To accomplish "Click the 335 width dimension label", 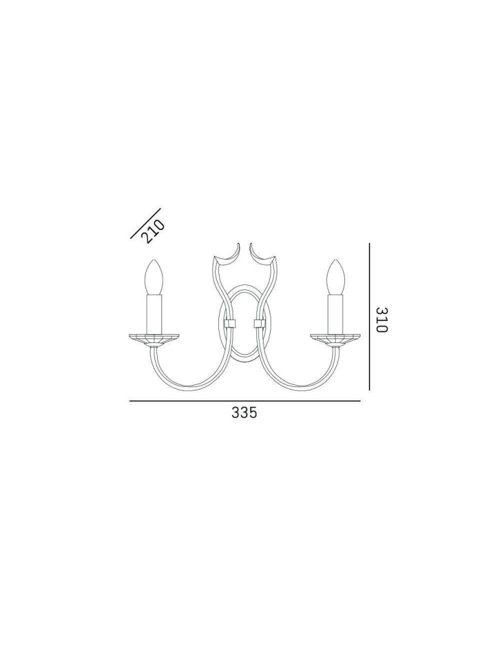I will (x=244, y=413).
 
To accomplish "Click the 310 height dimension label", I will (x=381, y=319).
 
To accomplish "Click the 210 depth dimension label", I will (x=154, y=231).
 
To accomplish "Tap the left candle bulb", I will (x=154, y=277).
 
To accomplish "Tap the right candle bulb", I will (x=335, y=277).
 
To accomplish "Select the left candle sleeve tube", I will (x=154, y=313).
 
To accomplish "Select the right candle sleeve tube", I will (x=335, y=313).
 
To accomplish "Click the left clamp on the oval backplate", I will (x=228, y=322).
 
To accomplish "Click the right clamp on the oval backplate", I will (x=260, y=322).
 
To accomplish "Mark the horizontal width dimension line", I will (x=244, y=402).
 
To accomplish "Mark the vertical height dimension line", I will (x=369, y=317).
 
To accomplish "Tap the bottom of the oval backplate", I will (x=244, y=359).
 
